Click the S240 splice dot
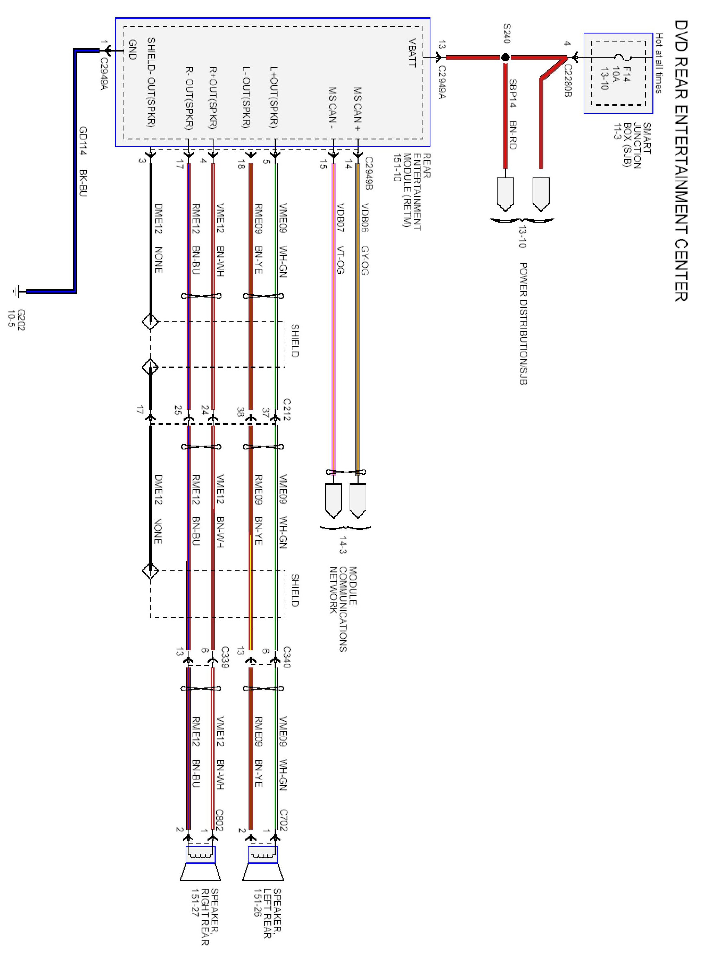(505, 57)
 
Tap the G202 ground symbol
(17, 292)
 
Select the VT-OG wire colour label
(340, 260)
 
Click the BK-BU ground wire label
(83, 183)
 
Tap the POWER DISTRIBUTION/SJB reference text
(523, 324)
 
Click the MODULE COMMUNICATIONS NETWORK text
(343, 609)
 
